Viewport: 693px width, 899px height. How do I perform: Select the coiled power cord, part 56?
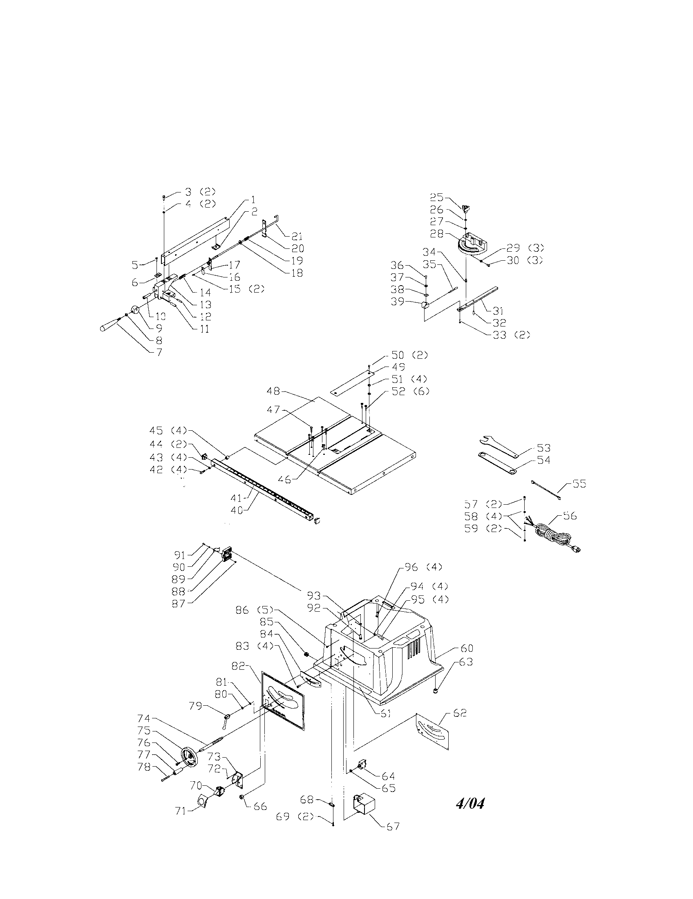point(554,537)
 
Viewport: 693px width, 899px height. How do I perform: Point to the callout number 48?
point(274,390)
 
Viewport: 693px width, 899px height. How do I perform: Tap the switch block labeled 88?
point(226,553)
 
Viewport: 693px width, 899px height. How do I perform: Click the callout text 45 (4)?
point(168,431)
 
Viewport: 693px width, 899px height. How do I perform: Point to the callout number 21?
point(297,236)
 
